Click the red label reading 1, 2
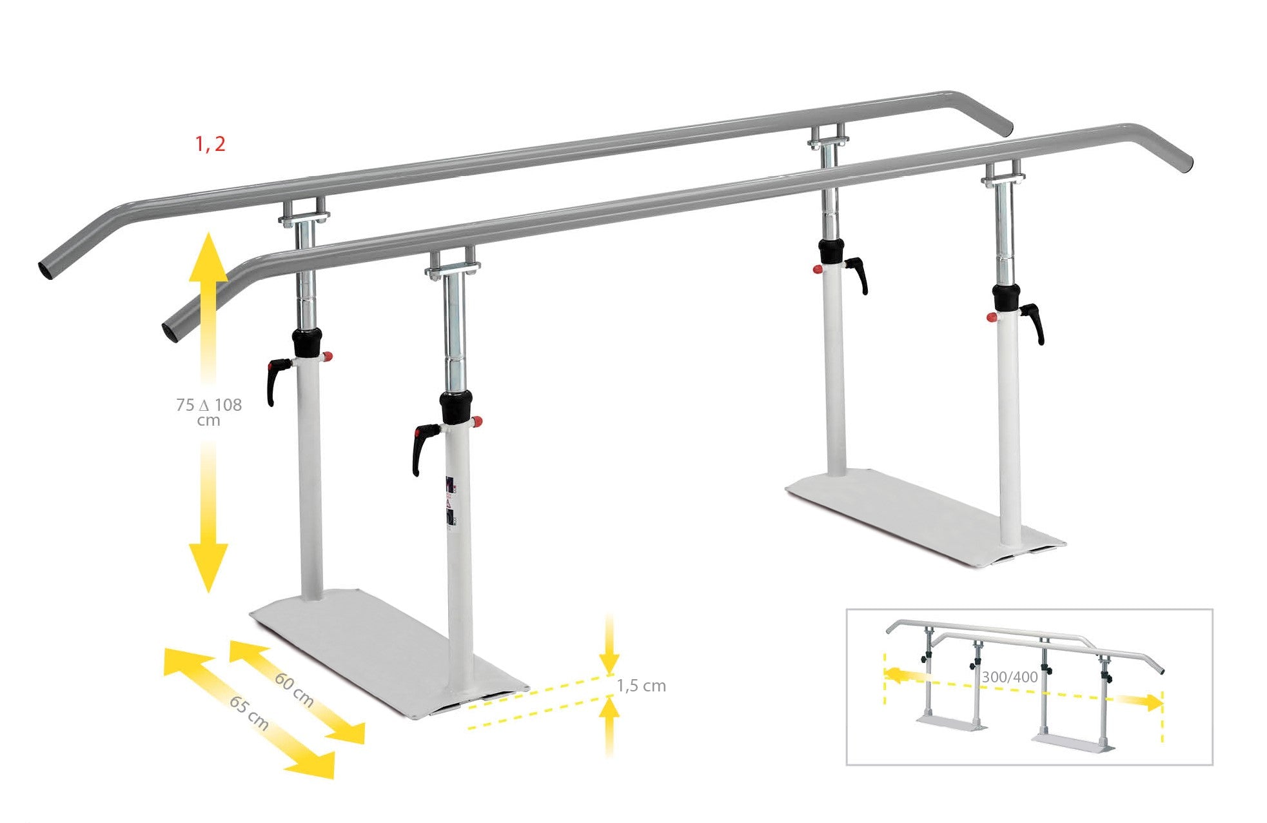click(210, 144)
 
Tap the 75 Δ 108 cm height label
click(209, 412)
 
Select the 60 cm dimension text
click(294, 689)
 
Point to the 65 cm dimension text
click(249, 713)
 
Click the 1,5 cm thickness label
click(642, 686)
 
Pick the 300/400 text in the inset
click(1010, 677)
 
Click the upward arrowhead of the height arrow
click(208, 258)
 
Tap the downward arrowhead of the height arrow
click(208, 568)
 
